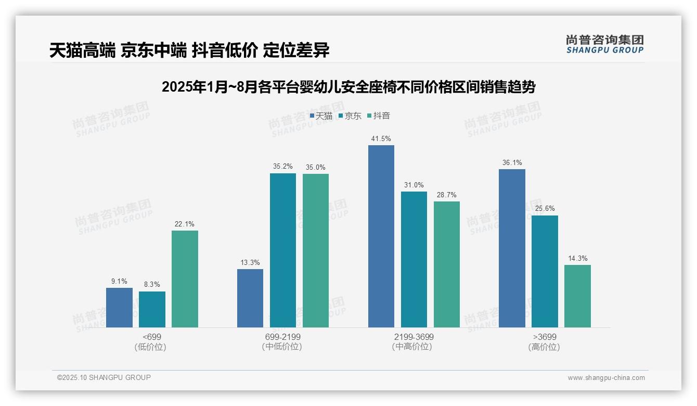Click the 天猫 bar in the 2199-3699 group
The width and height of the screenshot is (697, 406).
[x=381, y=236]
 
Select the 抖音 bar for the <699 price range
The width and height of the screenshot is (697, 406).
[x=185, y=279]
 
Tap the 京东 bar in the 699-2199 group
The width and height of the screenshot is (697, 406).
[x=282, y=250]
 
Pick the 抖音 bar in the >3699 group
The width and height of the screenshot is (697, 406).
[x=577, y=296]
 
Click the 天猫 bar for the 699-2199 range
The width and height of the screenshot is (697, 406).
[x=250, y=298]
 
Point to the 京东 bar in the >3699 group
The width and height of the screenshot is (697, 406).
[x=545, y=271]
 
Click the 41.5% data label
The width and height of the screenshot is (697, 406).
[x=381, y=139]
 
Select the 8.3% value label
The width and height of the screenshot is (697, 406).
[x=152, y=285]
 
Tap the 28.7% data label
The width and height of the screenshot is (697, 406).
[x=446, y=195]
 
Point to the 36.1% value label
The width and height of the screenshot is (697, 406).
[x=512, y=163]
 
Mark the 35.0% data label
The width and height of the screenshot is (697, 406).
[x=315, y=168]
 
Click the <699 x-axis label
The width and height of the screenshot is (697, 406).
[x=152, y=337]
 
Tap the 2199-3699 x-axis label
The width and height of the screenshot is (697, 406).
[x=414, y=337]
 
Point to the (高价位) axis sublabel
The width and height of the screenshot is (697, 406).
[x=544, y=347]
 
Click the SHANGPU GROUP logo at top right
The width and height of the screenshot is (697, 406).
[x=604, y=44]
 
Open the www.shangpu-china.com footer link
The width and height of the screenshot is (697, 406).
[x=606, y=378]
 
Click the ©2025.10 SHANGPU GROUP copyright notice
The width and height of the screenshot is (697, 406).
[x=104, y=377]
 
